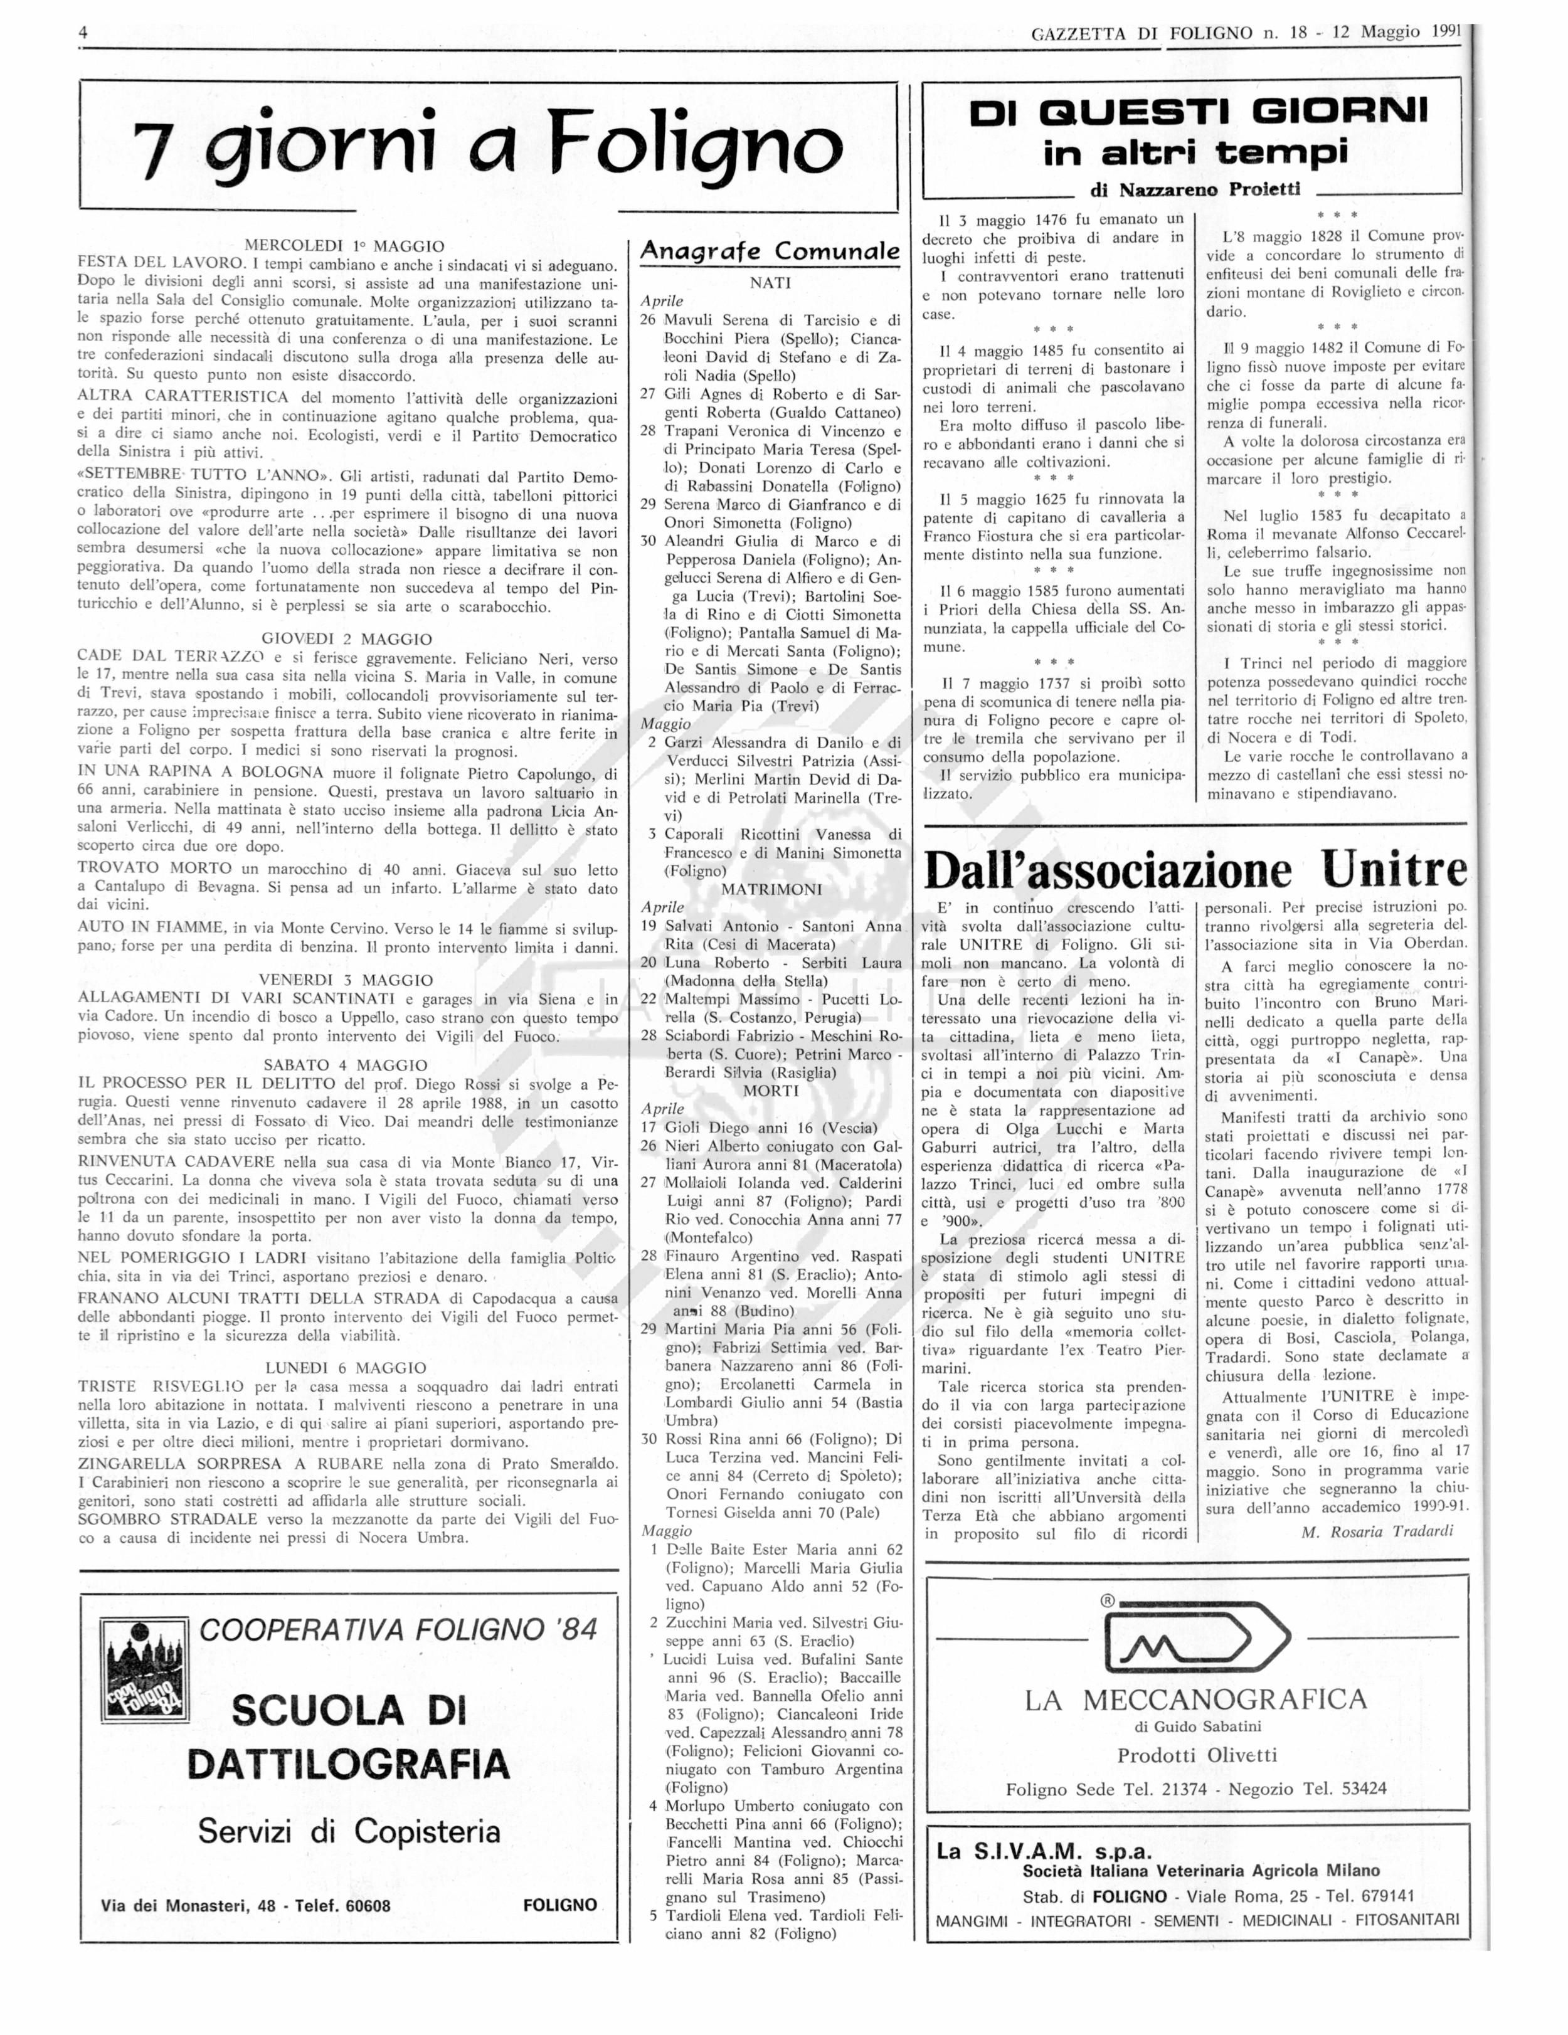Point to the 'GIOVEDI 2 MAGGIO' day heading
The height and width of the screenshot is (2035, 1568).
(x=347, y=639)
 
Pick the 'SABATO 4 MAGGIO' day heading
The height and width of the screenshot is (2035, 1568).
(x=346, y=1065)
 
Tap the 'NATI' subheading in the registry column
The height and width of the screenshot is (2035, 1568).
(x=770, y=282)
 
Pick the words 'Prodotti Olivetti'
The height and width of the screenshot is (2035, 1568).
(x=1196, y=1755)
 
